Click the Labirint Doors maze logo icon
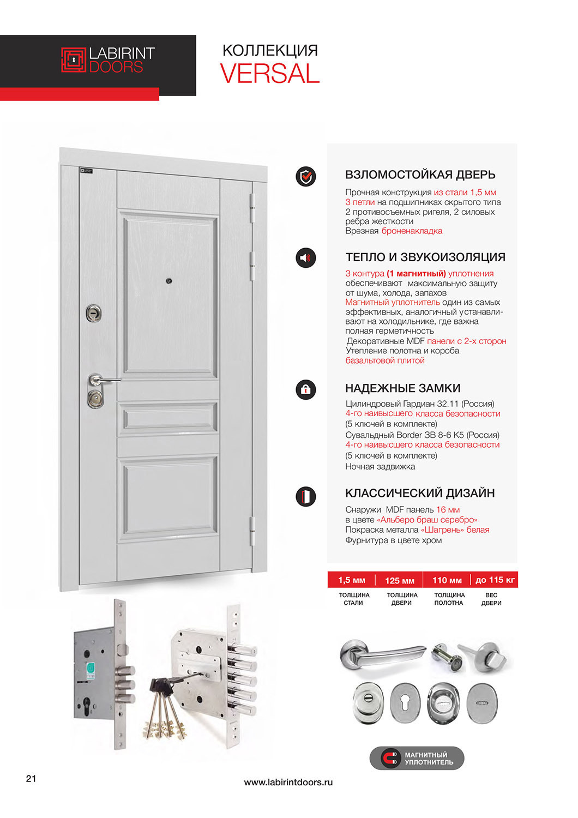click(x=74, y=60)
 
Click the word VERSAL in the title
click(x=269, y=74)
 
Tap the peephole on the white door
click(x=169, y=281)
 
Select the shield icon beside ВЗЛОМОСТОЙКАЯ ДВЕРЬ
click(x=306, y=176)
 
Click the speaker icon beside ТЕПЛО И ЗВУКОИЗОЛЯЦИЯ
click(x=306, y=257)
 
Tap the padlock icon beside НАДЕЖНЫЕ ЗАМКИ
click(x=306, y=389)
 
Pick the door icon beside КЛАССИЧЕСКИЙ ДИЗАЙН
click(x=306, y=496)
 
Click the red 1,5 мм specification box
click(x=352, y=580)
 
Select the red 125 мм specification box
click(x=400, y=580)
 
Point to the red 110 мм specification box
click(x=447, y=580)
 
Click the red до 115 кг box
click(x=495, y=580)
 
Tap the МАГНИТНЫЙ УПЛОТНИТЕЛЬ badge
click(x=417, y=759)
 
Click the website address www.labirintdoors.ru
click(x=288, y=782)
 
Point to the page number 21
click(x=31, y=778)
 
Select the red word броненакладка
click(x=412, y=231)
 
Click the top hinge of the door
click(x=252, y=207)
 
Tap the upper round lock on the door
click(x=94, y=313)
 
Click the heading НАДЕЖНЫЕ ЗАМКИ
click(x=402, y=388)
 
